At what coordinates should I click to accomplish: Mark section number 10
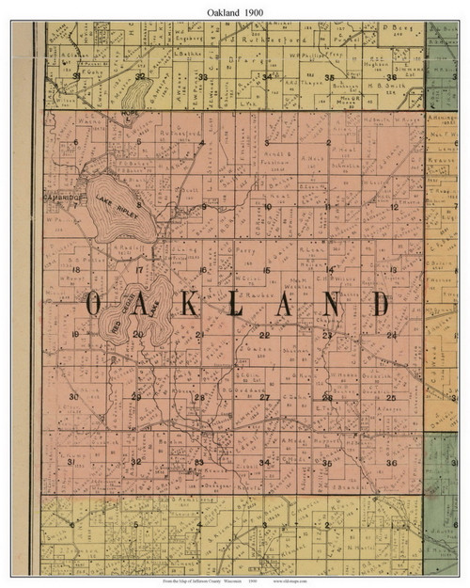click(x=267, y=207)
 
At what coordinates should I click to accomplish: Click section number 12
click(x=394, y=206)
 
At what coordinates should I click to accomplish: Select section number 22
click(x=264, y=335)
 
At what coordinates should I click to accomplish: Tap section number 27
click(x=264, y=398)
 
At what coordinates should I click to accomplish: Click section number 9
click(x=203, y=207)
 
